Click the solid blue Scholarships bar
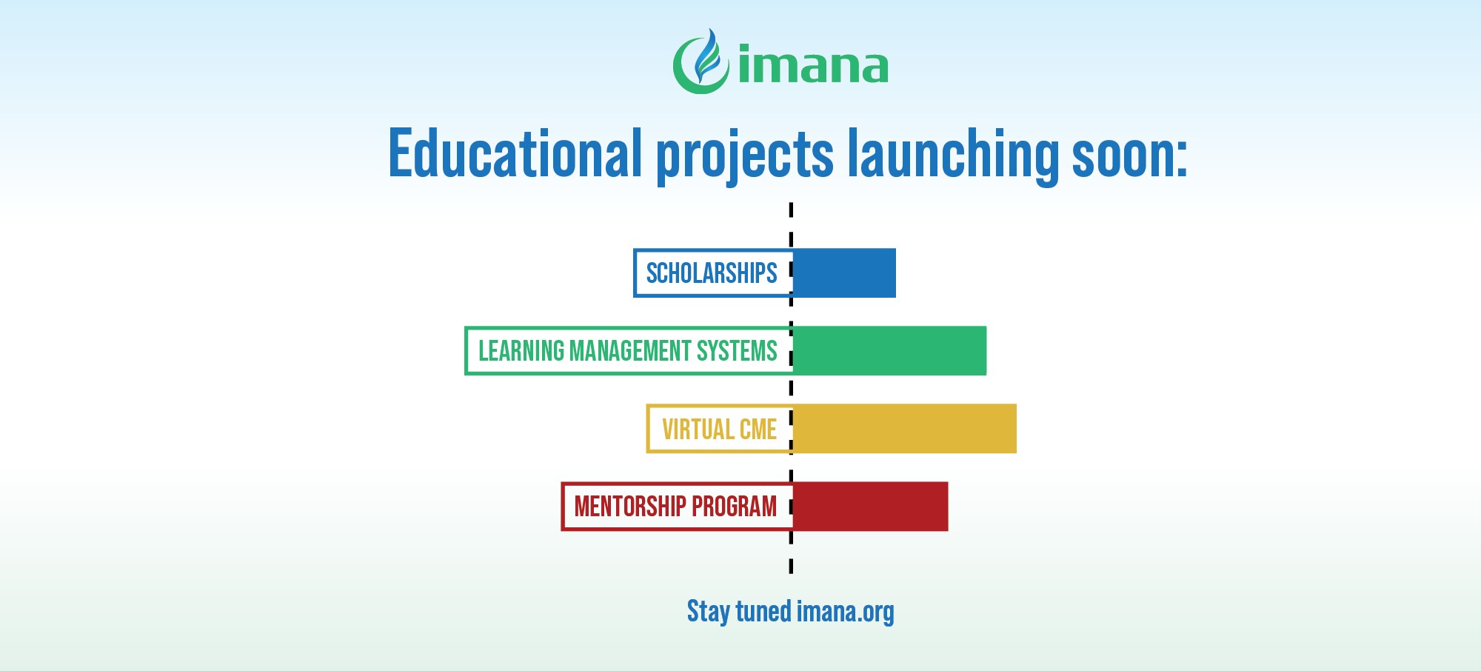(844, 273)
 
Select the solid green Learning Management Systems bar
(889, 350)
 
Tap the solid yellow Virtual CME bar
(904, 429)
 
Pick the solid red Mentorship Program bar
(870, 507)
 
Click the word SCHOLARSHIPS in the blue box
(712, 273)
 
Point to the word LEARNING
(521, 350)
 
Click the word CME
(758, 429)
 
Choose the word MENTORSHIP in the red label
(630, 507)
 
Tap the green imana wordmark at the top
(813, 65)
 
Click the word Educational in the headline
(515, 154)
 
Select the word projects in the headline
(745, 157)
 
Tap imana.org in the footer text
(846, 612)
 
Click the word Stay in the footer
(709, 612)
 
